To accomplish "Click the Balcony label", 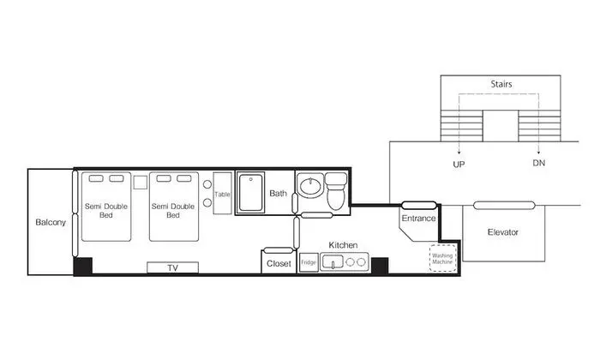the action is tap(51, 222).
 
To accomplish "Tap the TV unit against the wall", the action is tap(173, 267).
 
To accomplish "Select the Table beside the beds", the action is tap(223, 194).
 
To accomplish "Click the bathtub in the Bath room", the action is tap(251, 193).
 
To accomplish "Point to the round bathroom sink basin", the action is tap(311, 187).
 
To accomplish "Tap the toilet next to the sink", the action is tap(336, 191).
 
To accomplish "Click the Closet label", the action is tap(279, 264).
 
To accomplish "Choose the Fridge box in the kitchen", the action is tap(309, 262).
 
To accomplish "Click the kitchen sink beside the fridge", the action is tap(333, 262).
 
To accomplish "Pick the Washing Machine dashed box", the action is tap(443, 258).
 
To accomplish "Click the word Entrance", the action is tap(418, 219).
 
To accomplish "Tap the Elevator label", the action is tap(503, 232).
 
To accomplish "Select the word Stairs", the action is tap(501, 84).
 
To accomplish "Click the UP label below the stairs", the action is tap(459, 165).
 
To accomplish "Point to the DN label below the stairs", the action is tap(539, 163).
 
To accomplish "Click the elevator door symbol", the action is tap(504, 206).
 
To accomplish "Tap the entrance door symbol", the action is tap(419, 206).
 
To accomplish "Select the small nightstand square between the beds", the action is tap(141, 183).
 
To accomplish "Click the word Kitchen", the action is tap(343, 245).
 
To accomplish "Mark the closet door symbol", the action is tap(278, 250).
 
